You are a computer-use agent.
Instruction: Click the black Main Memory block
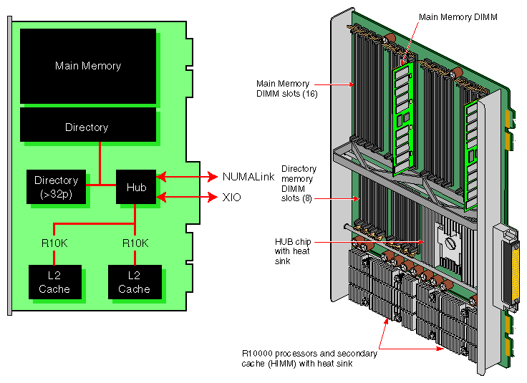pyautogui.click(x=87, y=66)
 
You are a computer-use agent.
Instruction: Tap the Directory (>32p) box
pyautogui.click(x=56, y=187)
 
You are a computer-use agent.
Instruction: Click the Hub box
pyautogui.click(x=135, y=187)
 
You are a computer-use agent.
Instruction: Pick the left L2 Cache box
pyautogui.click(x=54, y=283)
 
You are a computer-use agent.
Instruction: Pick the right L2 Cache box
pyautogui.click(x=134, y=283)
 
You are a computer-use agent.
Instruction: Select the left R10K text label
pyautogui.click(x=54, y=243)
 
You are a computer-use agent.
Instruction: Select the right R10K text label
pyautogui.click(x=135, y=243)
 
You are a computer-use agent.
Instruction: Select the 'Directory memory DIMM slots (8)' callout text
pyautogui.click(x=299, y=183)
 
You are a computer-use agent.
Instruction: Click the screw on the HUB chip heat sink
pyautogui.click(x=450, y=243)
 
